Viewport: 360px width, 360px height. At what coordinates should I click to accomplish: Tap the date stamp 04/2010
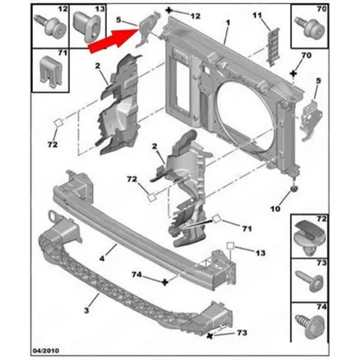46,351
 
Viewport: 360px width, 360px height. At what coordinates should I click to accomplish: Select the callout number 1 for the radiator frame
228,23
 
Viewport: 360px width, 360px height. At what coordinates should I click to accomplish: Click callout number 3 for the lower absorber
86,310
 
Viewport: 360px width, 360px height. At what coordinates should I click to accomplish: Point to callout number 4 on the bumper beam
102,259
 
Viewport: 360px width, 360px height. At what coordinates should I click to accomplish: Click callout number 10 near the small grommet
276,209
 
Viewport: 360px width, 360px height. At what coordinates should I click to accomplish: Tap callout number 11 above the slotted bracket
257,15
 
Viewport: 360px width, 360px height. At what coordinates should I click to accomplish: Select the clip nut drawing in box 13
87,27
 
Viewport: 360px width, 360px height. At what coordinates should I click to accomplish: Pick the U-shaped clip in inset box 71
51,71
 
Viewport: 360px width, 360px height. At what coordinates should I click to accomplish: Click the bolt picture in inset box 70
310,27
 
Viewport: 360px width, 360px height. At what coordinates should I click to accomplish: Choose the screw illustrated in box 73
310,281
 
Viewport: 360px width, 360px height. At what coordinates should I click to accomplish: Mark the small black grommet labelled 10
294,189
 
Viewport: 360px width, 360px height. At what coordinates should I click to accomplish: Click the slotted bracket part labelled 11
273,47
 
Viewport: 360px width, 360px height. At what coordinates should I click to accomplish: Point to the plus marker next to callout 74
165,282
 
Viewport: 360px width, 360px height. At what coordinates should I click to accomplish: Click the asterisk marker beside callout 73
209,336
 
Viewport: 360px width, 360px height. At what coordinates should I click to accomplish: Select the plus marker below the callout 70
293,74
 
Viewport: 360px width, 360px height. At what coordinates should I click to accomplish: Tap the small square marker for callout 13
230,246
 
